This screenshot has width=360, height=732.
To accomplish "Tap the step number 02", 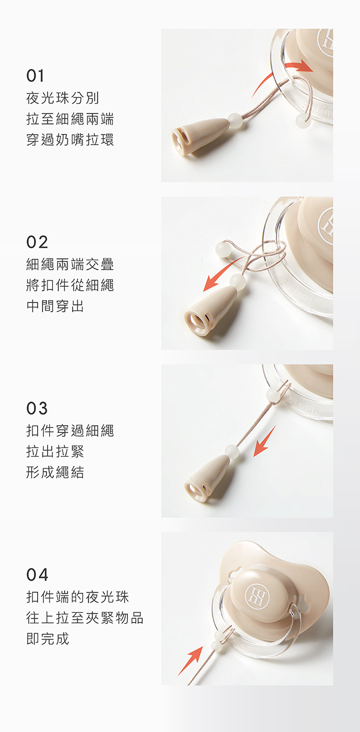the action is [37, 242].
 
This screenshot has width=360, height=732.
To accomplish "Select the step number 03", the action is [37, 409].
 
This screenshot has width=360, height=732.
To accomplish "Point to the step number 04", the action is [37, 575].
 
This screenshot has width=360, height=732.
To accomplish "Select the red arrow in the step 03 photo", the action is [265, 441].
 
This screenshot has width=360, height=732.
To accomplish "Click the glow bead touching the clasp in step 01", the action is [235, 120].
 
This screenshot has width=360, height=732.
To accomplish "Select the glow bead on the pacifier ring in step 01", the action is [301, 121].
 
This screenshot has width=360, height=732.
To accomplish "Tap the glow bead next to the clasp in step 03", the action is [232, 452].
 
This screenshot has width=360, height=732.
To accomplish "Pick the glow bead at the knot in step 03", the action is [272, 394].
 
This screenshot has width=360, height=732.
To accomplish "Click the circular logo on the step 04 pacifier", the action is [258, 597].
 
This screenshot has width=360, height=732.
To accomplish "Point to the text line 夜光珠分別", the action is [63, 98].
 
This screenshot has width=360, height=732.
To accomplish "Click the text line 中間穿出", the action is [55, 306].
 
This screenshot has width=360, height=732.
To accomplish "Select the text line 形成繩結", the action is [55, 472].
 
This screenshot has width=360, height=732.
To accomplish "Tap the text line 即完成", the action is [48, 639].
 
